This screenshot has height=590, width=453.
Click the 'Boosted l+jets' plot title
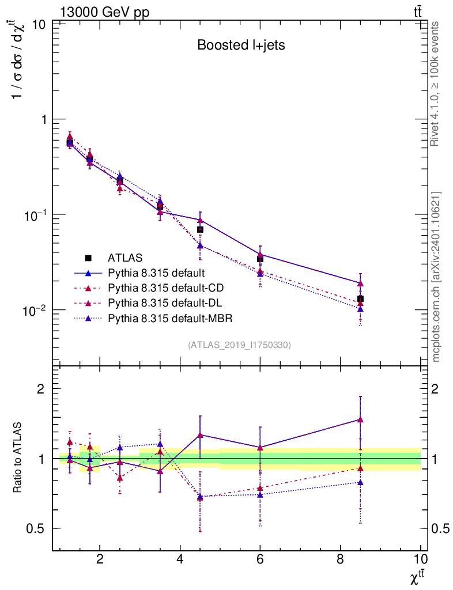(240, 46)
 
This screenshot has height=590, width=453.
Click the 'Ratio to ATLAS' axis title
(18, 458)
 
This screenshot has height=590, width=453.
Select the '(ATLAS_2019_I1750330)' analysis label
(239, 345)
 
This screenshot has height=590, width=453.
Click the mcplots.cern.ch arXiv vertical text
(436, 277)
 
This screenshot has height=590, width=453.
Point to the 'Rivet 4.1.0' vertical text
(436, 84)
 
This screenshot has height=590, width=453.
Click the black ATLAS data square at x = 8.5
(360, 299)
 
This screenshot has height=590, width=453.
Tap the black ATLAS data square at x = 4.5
(200, 230)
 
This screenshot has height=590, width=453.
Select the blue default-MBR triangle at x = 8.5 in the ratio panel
(360, 482)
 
